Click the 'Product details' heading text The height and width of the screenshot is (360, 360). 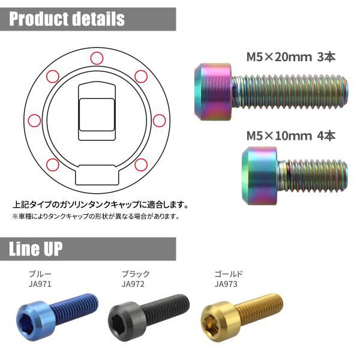click(67, 19)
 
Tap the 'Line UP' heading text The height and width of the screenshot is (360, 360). click(35, 248)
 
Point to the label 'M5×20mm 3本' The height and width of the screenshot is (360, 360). click(291, 57)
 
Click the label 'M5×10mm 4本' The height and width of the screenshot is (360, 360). click(291, 136)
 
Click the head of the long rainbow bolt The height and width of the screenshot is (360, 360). click(213, 92)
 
